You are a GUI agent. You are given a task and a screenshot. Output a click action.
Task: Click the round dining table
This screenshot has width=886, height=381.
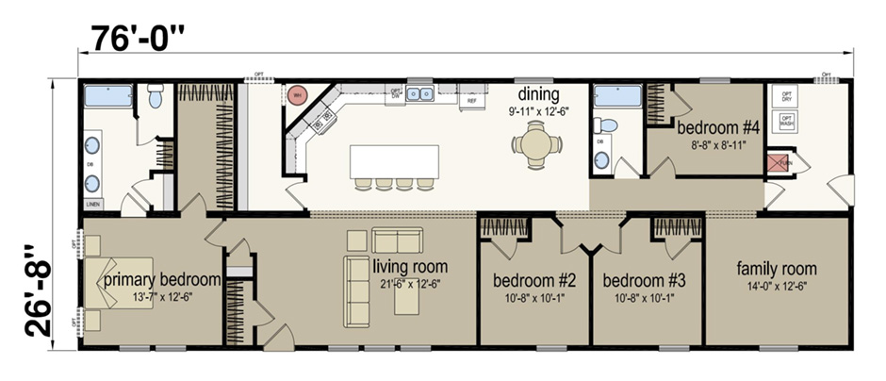tap(535, 144)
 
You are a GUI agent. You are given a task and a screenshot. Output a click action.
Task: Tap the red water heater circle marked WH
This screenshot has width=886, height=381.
tap(297, 95)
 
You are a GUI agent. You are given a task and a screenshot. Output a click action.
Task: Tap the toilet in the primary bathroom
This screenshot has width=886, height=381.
tap(156, 94)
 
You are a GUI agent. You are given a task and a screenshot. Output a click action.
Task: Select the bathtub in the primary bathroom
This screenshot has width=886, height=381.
tap(106, 96)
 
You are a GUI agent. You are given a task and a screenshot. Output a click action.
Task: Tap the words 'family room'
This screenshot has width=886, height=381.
tap(777, 269)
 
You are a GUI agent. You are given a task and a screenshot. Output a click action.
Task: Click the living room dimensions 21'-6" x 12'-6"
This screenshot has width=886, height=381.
tap(409, 284)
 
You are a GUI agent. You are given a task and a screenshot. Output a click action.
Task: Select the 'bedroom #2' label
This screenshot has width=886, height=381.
tap(534, 280)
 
